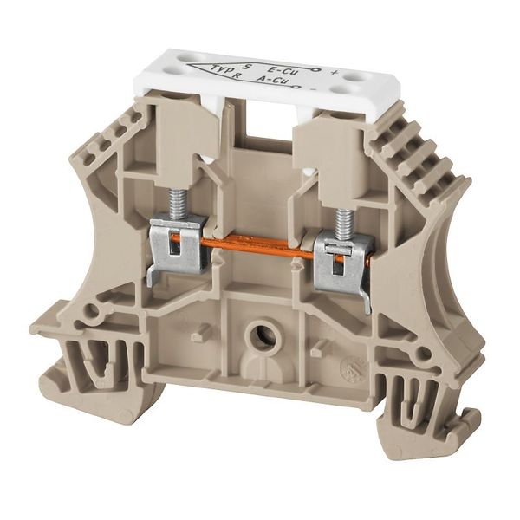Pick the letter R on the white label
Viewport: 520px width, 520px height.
tap(239, 78)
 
